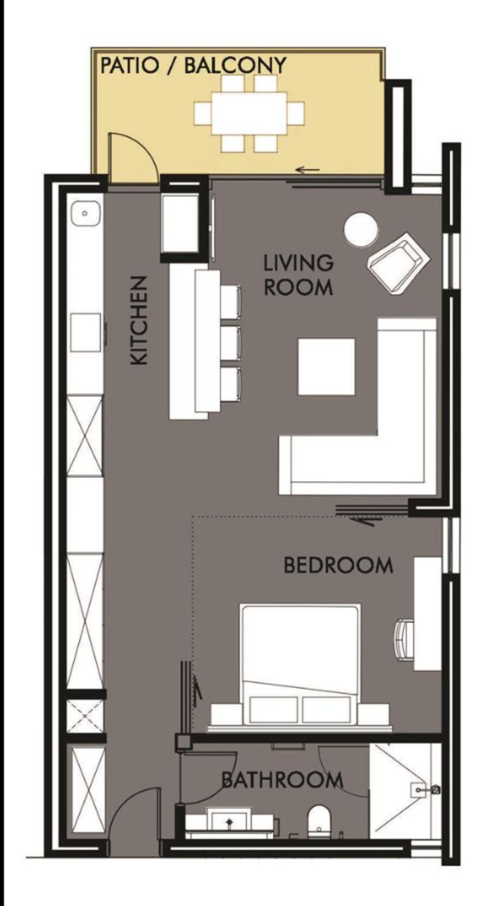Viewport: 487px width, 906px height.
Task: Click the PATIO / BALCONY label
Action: [193, 65]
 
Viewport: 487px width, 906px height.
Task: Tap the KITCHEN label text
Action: [139, 321]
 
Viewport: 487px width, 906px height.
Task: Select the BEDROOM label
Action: [338, 565]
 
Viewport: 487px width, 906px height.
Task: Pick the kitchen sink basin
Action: [86, 213]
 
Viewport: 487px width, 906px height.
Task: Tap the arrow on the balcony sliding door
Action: [308, 170]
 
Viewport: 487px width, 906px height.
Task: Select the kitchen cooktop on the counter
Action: [86, 332]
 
